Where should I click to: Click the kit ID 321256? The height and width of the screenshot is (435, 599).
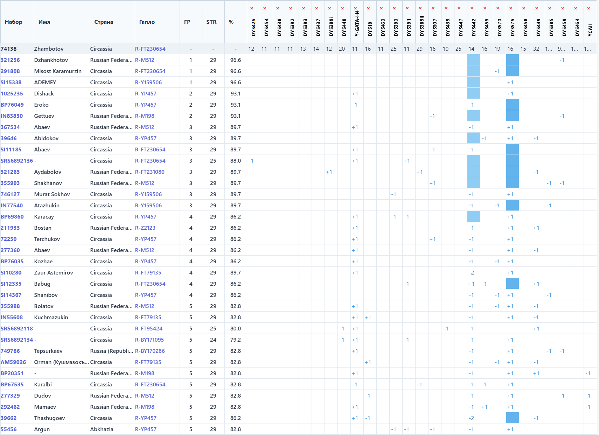pos(10,60)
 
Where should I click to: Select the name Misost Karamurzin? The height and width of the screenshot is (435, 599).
pos(58,71)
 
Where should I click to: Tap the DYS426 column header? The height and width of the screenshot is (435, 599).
pos(253,27)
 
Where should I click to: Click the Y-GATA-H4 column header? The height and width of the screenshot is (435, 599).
pos(357,23)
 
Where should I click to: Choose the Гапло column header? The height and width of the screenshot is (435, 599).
pos(147,22)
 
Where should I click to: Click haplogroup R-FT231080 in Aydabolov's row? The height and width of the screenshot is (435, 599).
pos(149,172)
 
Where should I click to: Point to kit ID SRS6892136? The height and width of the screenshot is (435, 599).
pos(17,161)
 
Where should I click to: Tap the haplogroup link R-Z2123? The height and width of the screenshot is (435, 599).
pos(145,228)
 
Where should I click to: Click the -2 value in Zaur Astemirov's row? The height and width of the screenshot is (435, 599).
pos(472,273)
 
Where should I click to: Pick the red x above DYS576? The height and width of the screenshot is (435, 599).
pos(511,8)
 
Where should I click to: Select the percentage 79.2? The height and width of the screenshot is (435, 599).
pos(236,340)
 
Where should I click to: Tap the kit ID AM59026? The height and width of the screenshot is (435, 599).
pos(13,362)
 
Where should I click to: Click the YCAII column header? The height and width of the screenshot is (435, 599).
pos(590,30)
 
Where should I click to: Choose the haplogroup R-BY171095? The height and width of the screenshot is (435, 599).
pos(149,340)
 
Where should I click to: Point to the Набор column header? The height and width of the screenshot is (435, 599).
pos(14,22)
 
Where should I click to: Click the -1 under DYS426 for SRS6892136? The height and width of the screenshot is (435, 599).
pos(251,161)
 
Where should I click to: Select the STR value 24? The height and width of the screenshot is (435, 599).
pos(213,340)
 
